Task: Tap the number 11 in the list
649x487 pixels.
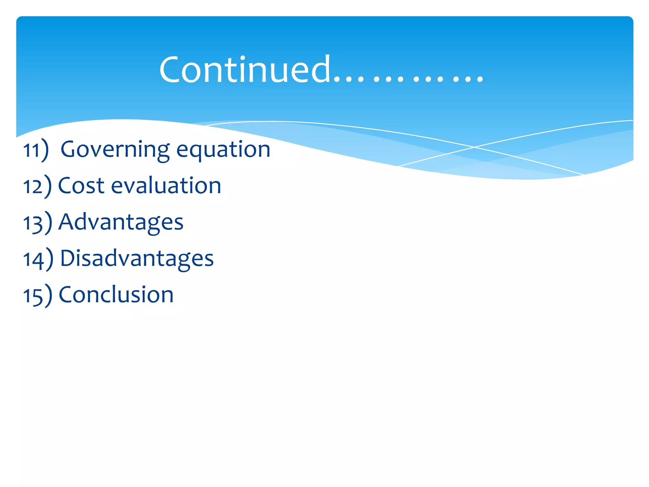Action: pyautogui.click(x=31, y=150)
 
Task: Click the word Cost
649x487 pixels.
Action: pyautogui.click(x=81, y=185)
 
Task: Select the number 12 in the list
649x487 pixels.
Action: pyautogui.click(x=33, y=186)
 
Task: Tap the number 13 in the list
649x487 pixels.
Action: pyautogui.click(x=33, y=223)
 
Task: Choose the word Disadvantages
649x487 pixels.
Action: pyautogui.click(x=137, y=258)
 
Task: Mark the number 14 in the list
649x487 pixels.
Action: pyautogui.click(x=33, y=259)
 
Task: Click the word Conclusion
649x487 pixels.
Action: pyautogui.click(x=116, y=295)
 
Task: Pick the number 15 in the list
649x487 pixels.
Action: pyautogui.click(x=33, y=296)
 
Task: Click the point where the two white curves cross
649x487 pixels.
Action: pyautogui.click(x=474, y=147)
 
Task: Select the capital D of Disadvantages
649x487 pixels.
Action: pyautogui.click(x=67, y=258)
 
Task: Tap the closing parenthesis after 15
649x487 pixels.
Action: pyautogui.click(x=48, y=295)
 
